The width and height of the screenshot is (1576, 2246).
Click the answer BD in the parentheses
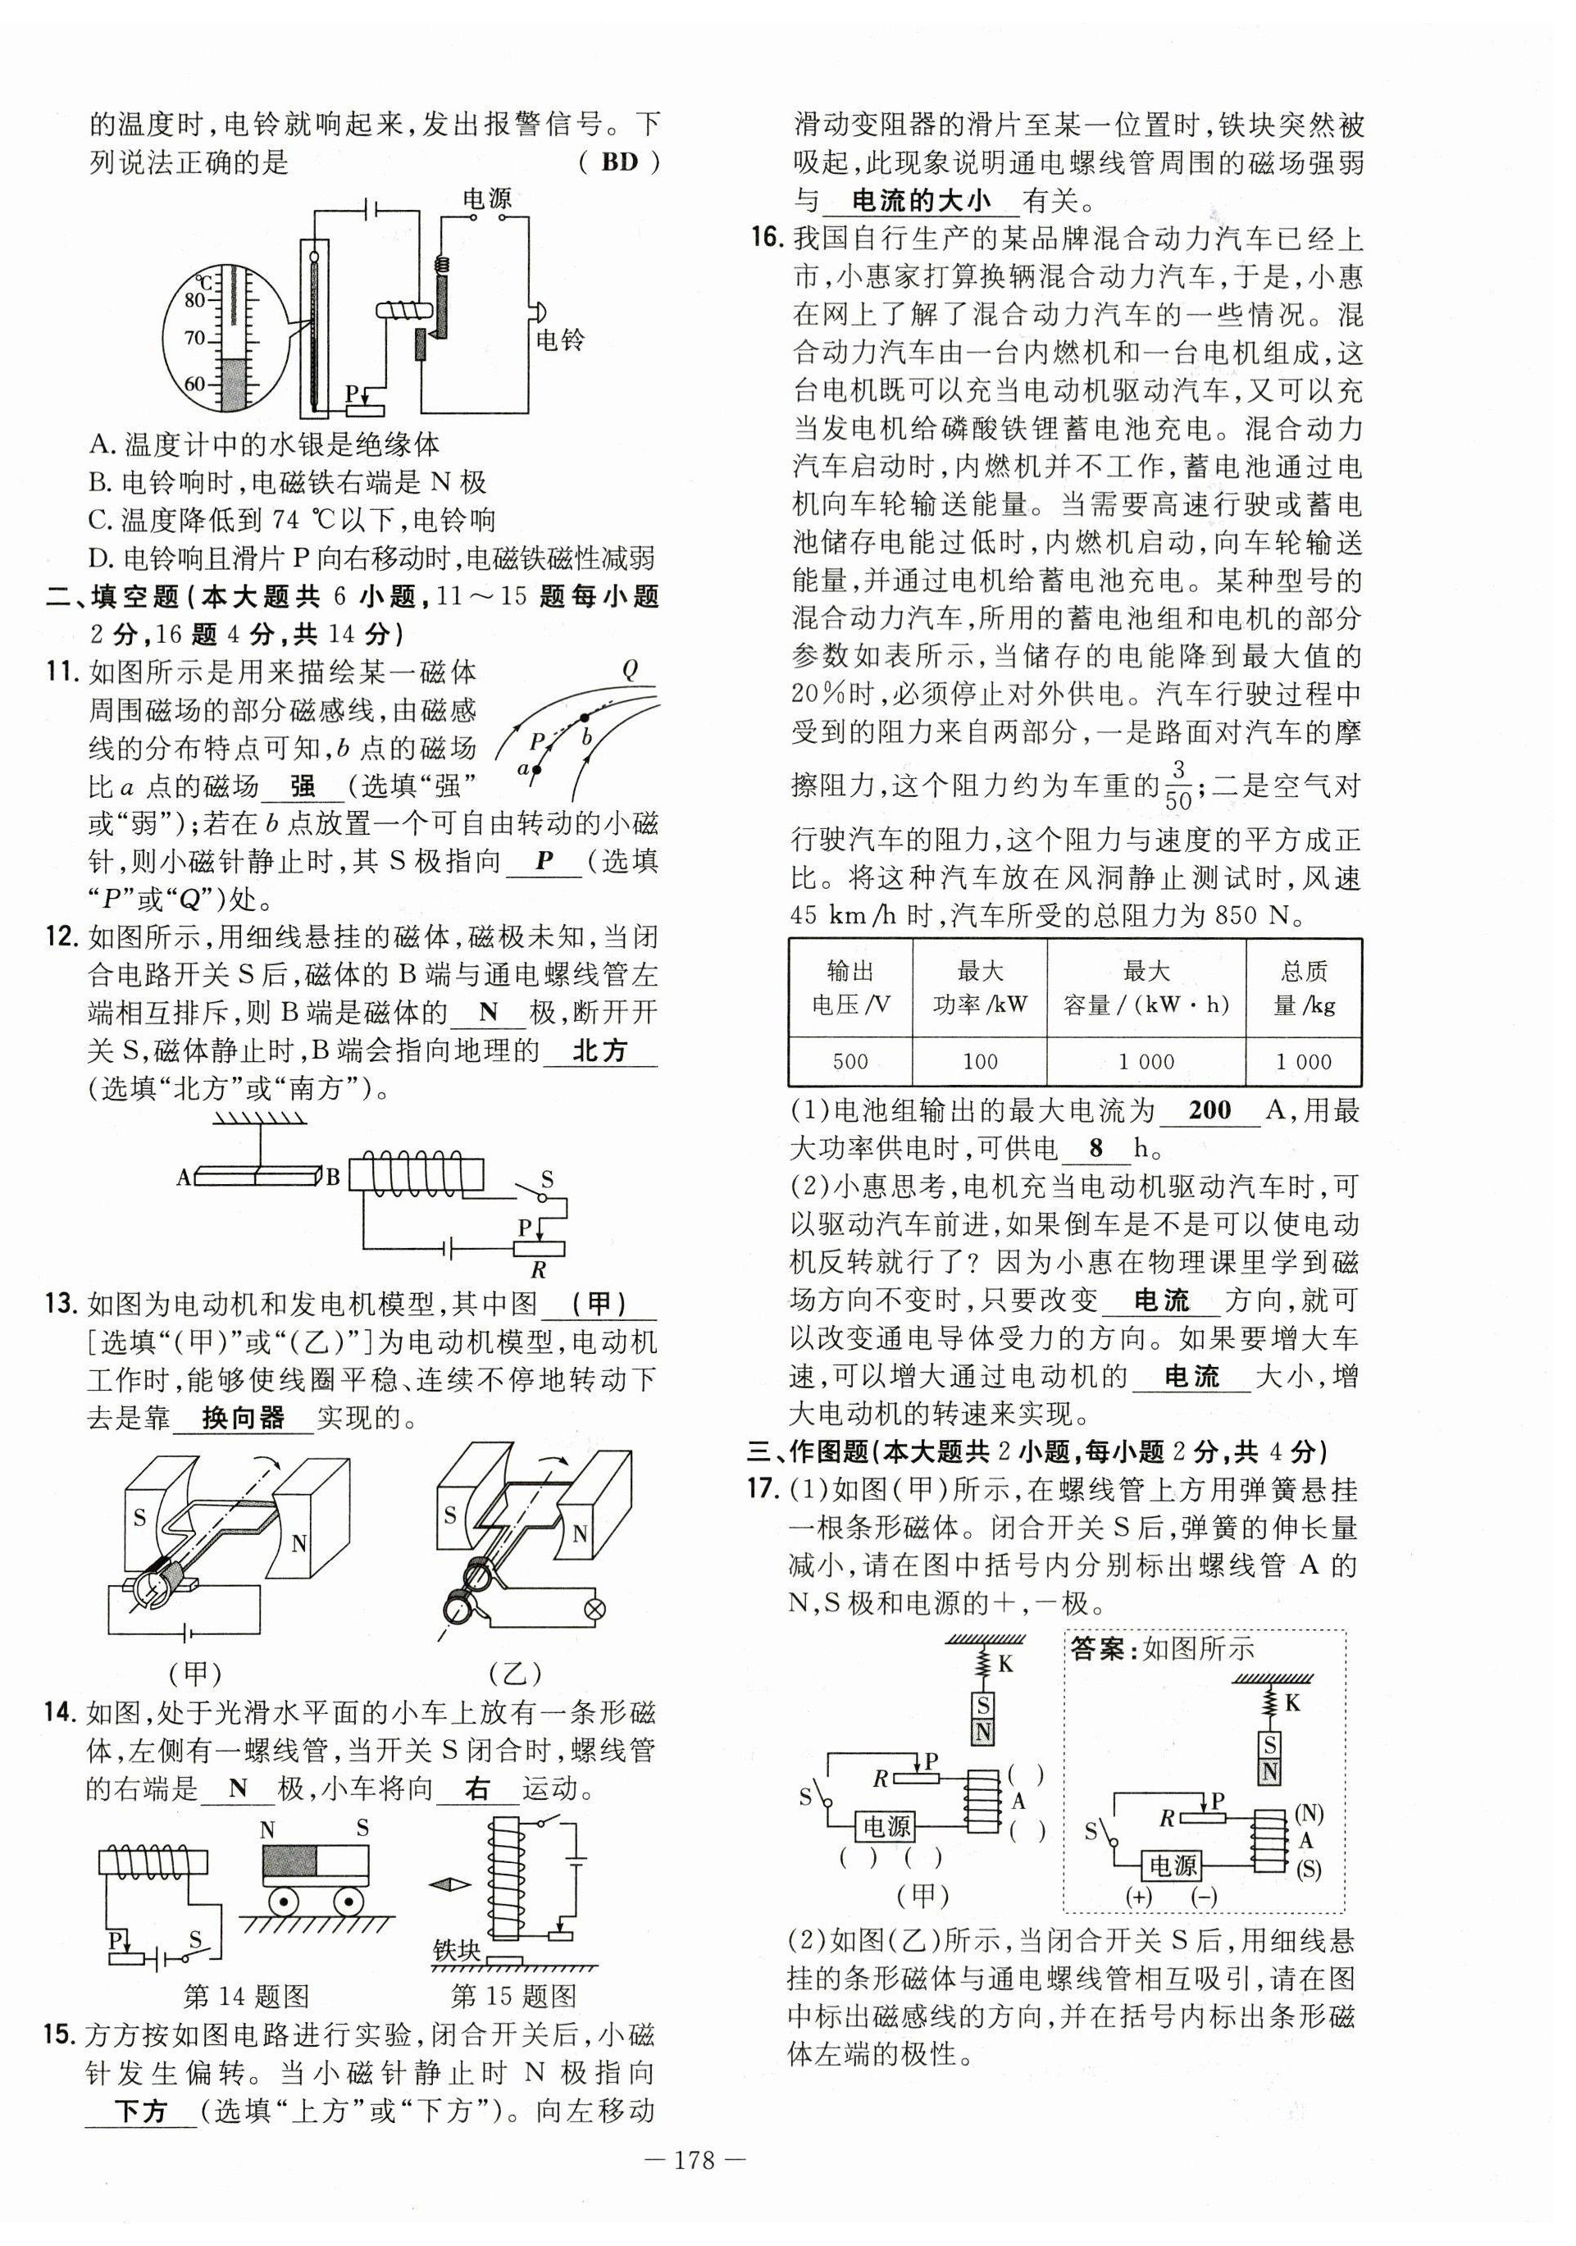point(618,162)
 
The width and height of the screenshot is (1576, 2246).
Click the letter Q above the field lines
point(629,669)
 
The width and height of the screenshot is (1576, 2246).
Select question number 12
point(61,937)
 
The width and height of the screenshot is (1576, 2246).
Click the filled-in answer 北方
point(599,1050)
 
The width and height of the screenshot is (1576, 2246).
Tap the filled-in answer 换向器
point(243,1418)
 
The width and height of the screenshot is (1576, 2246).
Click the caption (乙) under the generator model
point(516,1674)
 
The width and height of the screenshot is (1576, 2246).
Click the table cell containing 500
point(850,1061)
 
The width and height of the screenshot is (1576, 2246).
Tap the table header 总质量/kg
point(1304,987)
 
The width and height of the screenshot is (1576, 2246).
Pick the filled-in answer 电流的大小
point(921,202)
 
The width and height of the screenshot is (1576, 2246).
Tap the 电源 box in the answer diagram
point(1173,1865)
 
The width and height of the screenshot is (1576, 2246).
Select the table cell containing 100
point(979,1061)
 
